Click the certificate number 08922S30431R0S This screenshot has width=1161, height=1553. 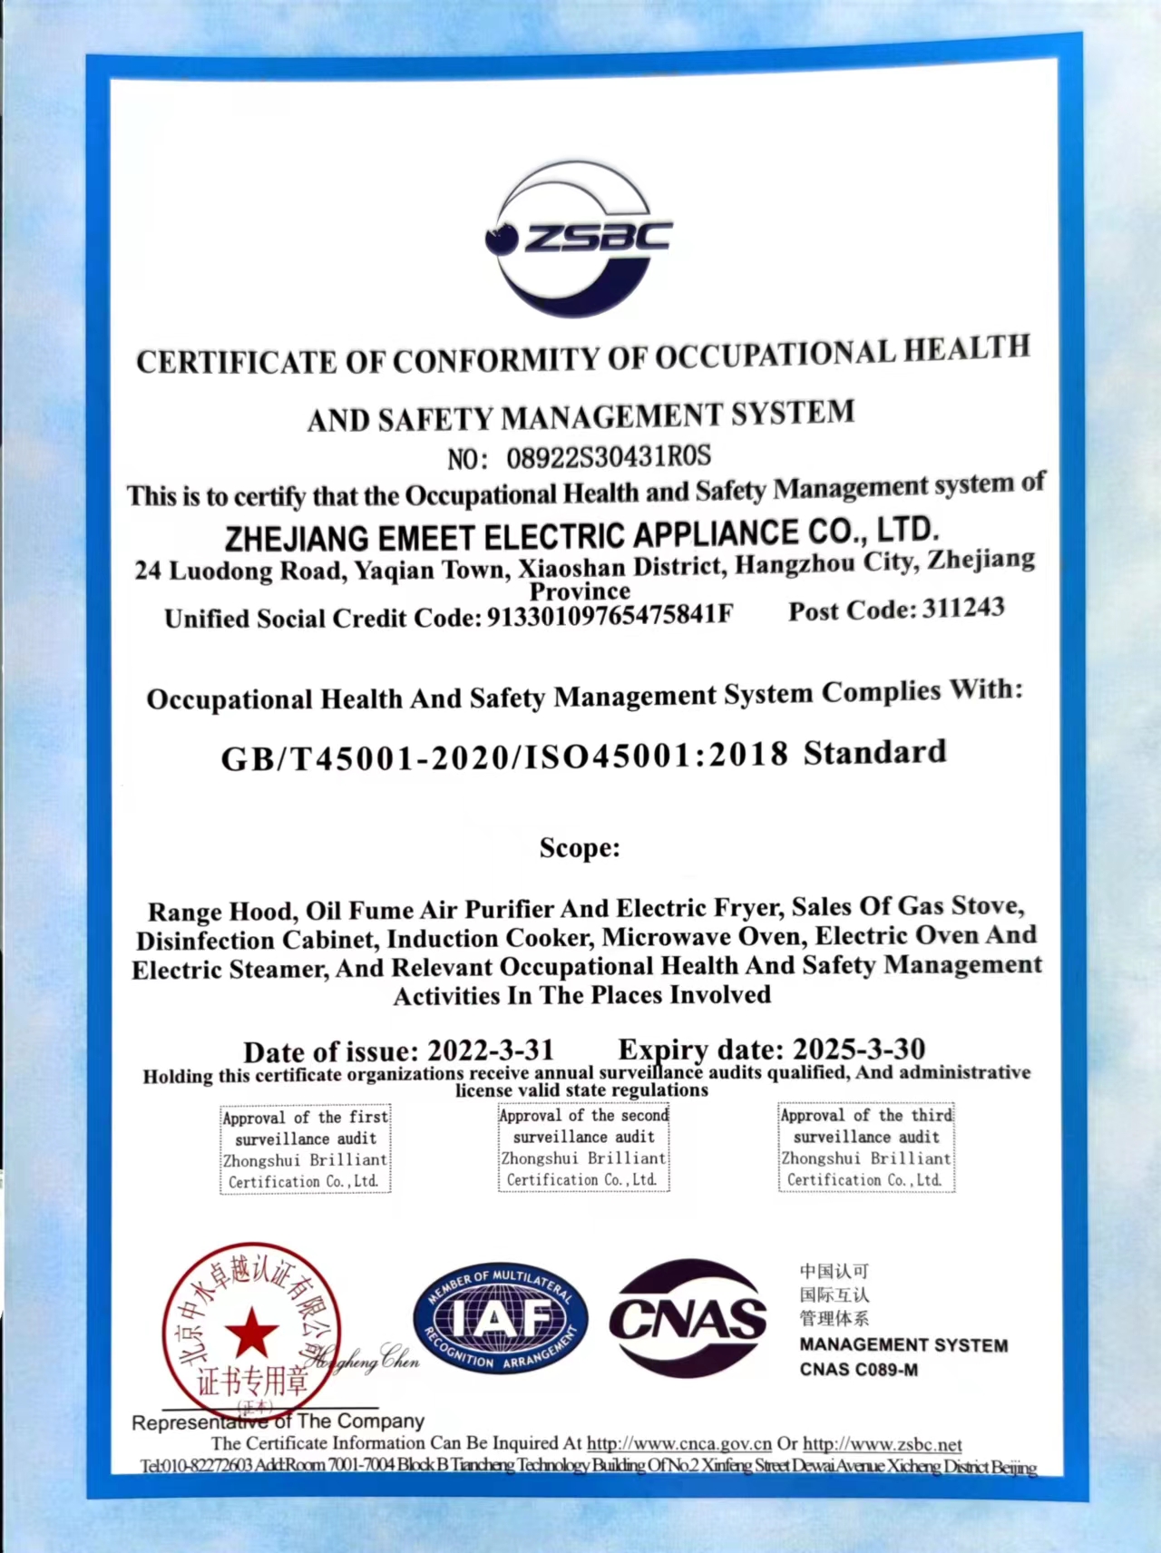click(x=608, y=456)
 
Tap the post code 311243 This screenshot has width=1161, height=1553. click(x=962, y=609)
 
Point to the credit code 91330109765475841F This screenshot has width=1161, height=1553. click(x=610, y=616)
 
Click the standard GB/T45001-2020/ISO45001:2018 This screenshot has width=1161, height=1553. click(x=504, y=757)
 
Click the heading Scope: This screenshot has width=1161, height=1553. click(x=580, y=848)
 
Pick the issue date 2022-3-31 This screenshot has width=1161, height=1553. click(x=490, y=1050)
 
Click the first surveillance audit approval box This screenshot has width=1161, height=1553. click(x=306, y=1149)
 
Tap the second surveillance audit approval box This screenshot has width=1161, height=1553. click(x=583, y=1148)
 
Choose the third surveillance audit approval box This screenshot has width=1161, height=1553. click(x=866, y=1148)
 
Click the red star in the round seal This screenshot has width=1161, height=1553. click(x=251, y=1333)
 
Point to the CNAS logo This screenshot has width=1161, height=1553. click(x=688, y=1317)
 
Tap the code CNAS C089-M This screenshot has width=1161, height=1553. click(x=858, y=1370)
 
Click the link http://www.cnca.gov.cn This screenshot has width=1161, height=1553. click(x=678, y=1443)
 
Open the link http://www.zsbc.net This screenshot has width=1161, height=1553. click(x=882, y=1443)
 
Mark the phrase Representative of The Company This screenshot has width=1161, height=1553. click(x=278, y=1421)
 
